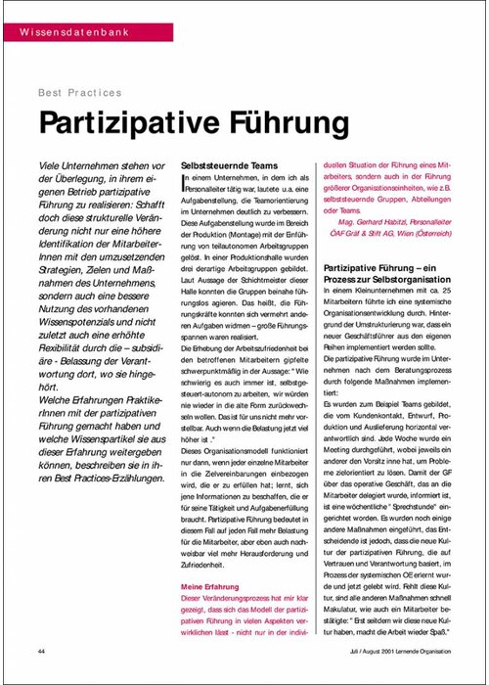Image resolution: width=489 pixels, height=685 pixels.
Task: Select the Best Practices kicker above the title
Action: click(x=79, y=93)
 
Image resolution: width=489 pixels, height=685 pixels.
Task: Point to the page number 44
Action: click(x=42, y=651)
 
